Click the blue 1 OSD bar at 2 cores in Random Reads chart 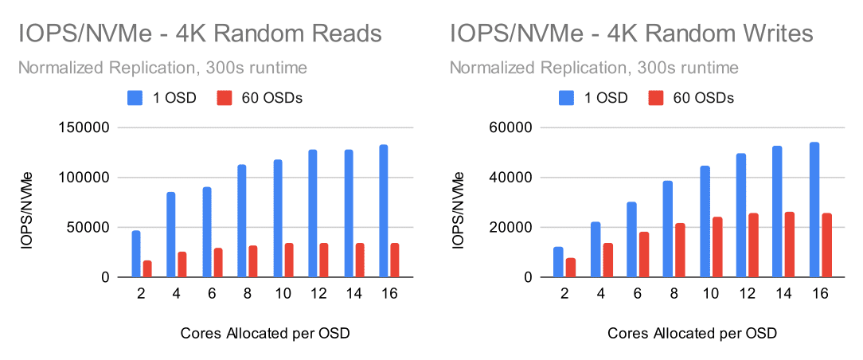point(136,254)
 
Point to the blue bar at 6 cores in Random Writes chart point(631,240)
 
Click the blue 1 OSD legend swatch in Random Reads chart point(135,98)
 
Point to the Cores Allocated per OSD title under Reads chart point(264,332)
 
